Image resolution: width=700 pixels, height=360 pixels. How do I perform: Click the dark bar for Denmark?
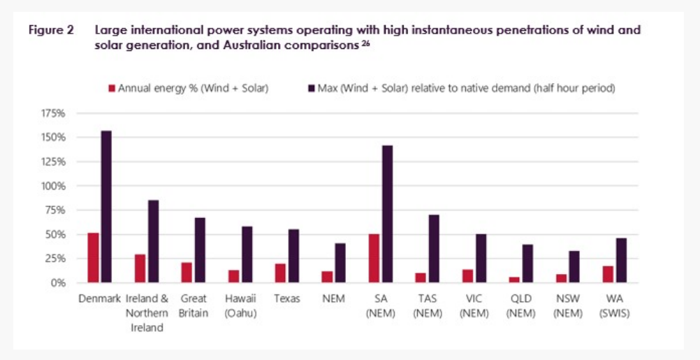105,207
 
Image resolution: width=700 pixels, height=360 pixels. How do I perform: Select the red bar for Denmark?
93,258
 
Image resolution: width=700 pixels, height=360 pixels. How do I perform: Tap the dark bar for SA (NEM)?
386,214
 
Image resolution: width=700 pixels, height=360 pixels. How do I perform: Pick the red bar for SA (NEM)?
374,259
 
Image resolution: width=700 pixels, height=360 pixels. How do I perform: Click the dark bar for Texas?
293,256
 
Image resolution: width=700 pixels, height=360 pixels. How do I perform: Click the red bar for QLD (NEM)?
514,280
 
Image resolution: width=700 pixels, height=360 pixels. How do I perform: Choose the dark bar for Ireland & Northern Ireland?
152,242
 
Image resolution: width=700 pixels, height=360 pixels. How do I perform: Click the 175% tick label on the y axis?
53,113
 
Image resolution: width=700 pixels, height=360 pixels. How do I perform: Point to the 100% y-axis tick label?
53,186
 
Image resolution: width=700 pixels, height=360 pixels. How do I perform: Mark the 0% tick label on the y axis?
57,283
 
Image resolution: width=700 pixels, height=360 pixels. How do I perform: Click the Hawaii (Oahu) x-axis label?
240,305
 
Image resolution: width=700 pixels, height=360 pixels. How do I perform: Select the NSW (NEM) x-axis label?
567,305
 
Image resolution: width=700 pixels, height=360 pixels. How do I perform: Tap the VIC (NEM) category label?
474,305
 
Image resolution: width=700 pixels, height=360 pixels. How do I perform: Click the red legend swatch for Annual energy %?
110,89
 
